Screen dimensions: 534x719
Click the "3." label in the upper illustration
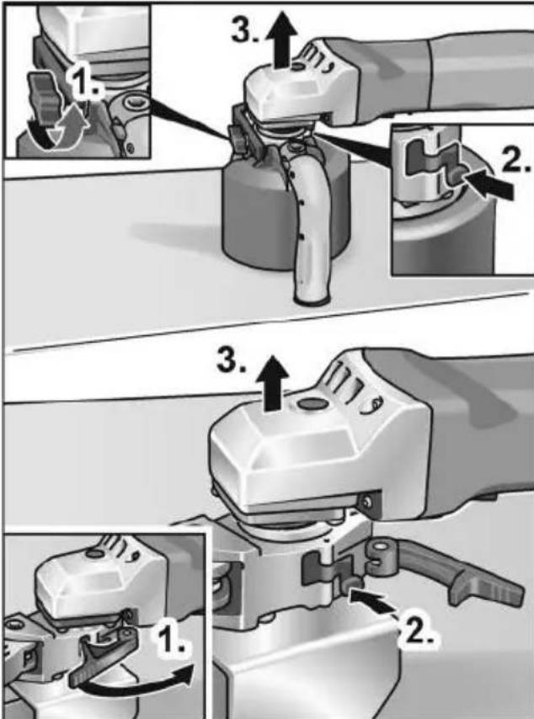245,30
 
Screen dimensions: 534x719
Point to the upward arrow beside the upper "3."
280,40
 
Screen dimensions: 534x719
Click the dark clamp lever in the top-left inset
44,96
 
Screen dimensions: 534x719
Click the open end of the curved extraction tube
312,300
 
